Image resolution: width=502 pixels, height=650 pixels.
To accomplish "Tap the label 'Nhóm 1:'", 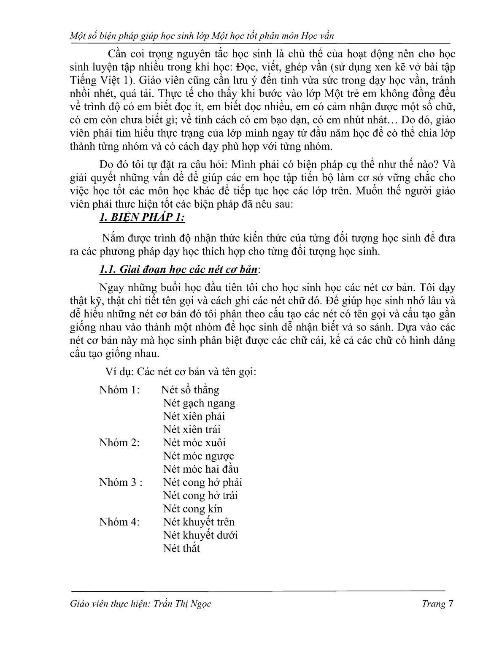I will click(119, 390).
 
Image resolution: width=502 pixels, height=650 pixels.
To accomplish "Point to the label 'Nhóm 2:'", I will click(119, 442).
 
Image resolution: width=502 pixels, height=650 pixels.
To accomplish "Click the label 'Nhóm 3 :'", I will click(121, 482).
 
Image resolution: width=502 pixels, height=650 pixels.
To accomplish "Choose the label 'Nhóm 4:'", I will click(119, 522).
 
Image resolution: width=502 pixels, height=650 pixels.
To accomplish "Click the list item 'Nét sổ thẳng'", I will click(190, 390).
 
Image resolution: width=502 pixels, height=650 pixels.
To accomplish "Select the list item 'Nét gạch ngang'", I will click(199, 403).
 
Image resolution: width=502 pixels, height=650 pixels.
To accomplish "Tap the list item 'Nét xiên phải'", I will click(194, 416).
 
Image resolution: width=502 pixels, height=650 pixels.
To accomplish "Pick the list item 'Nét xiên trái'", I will click(192, 430).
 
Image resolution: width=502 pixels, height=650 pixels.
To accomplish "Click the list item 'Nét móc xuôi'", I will click(194, 442).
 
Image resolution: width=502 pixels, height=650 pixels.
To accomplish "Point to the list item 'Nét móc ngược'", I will click(198, 456).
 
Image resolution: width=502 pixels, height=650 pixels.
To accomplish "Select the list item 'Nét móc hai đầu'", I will click(201, 469).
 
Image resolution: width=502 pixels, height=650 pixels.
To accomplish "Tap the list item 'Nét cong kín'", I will click(193, 509).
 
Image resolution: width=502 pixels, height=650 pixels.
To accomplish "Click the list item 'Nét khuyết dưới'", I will click(200, 535).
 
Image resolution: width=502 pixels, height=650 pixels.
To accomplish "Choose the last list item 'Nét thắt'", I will click(181, 548).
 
